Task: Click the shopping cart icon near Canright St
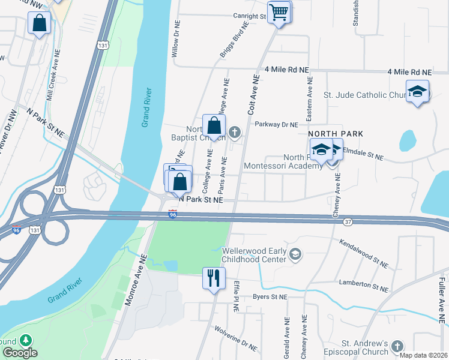click(279, 12)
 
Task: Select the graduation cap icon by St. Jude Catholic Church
click(417, 92)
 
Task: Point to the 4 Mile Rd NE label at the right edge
click(409, 71)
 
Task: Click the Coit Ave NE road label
click(253, 95)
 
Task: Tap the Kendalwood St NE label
click(364, 253)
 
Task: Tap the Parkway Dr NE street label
click(276, 125)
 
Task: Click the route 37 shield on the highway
click(348, 222)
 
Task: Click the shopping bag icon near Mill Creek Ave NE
click(39, 23)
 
